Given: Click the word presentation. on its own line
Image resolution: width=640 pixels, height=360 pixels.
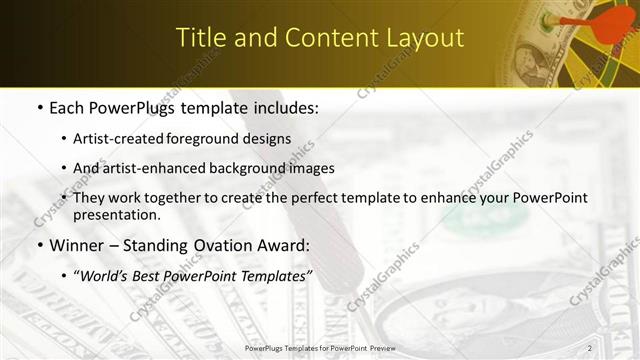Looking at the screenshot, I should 116,215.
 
